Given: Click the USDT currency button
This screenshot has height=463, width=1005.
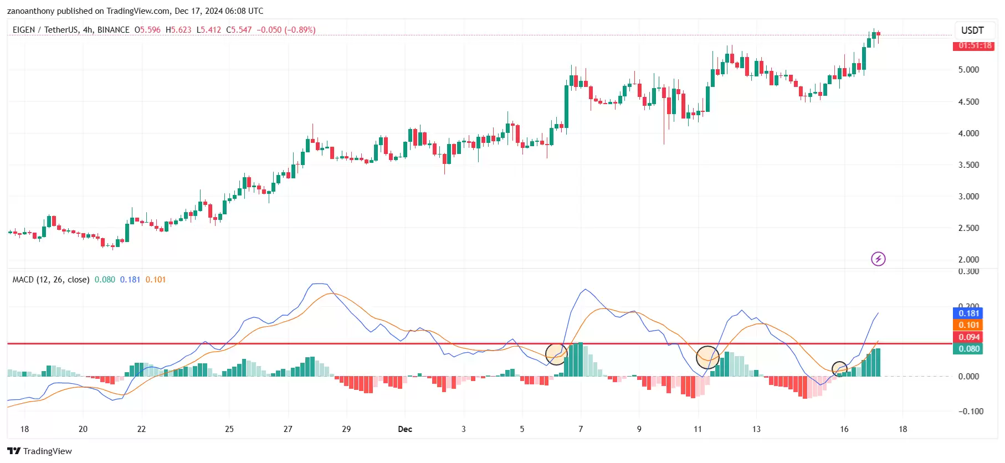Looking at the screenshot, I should [x=972, y=30].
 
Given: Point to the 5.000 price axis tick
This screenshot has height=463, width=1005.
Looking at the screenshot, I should [x=968, y=70].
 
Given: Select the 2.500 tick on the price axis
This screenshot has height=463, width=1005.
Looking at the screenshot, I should [x=968, y=228].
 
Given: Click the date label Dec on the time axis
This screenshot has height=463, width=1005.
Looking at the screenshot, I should [x=405, y=429].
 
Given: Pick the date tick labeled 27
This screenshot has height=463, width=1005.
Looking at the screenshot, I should [x=288, y=429].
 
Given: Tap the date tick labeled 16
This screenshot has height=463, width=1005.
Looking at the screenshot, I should [x=844, y=429].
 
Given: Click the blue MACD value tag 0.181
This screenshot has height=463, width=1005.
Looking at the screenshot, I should [x=969, y=313].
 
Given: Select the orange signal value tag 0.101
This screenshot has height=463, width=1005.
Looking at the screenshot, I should [x=969, y=325].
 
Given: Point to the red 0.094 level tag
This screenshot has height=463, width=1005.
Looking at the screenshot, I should [x=969, y=337].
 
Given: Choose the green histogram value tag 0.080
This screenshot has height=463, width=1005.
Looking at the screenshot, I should [x=969, y=349].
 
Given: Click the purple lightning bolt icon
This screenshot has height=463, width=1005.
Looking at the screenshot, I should [x=878, y=259].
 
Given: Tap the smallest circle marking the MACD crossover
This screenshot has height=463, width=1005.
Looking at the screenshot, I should [x=839, y=369].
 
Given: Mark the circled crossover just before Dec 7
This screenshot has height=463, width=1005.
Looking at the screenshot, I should [x=556, y=354].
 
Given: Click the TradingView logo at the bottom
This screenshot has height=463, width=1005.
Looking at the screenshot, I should [x=39, y=451].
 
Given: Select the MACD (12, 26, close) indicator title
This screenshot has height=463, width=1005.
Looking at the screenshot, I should [x=51, y=280].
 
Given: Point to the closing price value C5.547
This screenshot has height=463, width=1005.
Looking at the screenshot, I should [x=239, y=30].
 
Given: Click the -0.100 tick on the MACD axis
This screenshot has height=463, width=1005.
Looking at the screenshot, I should [x=971, y=411].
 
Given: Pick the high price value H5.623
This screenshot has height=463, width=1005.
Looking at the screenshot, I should [x=178, y=30].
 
